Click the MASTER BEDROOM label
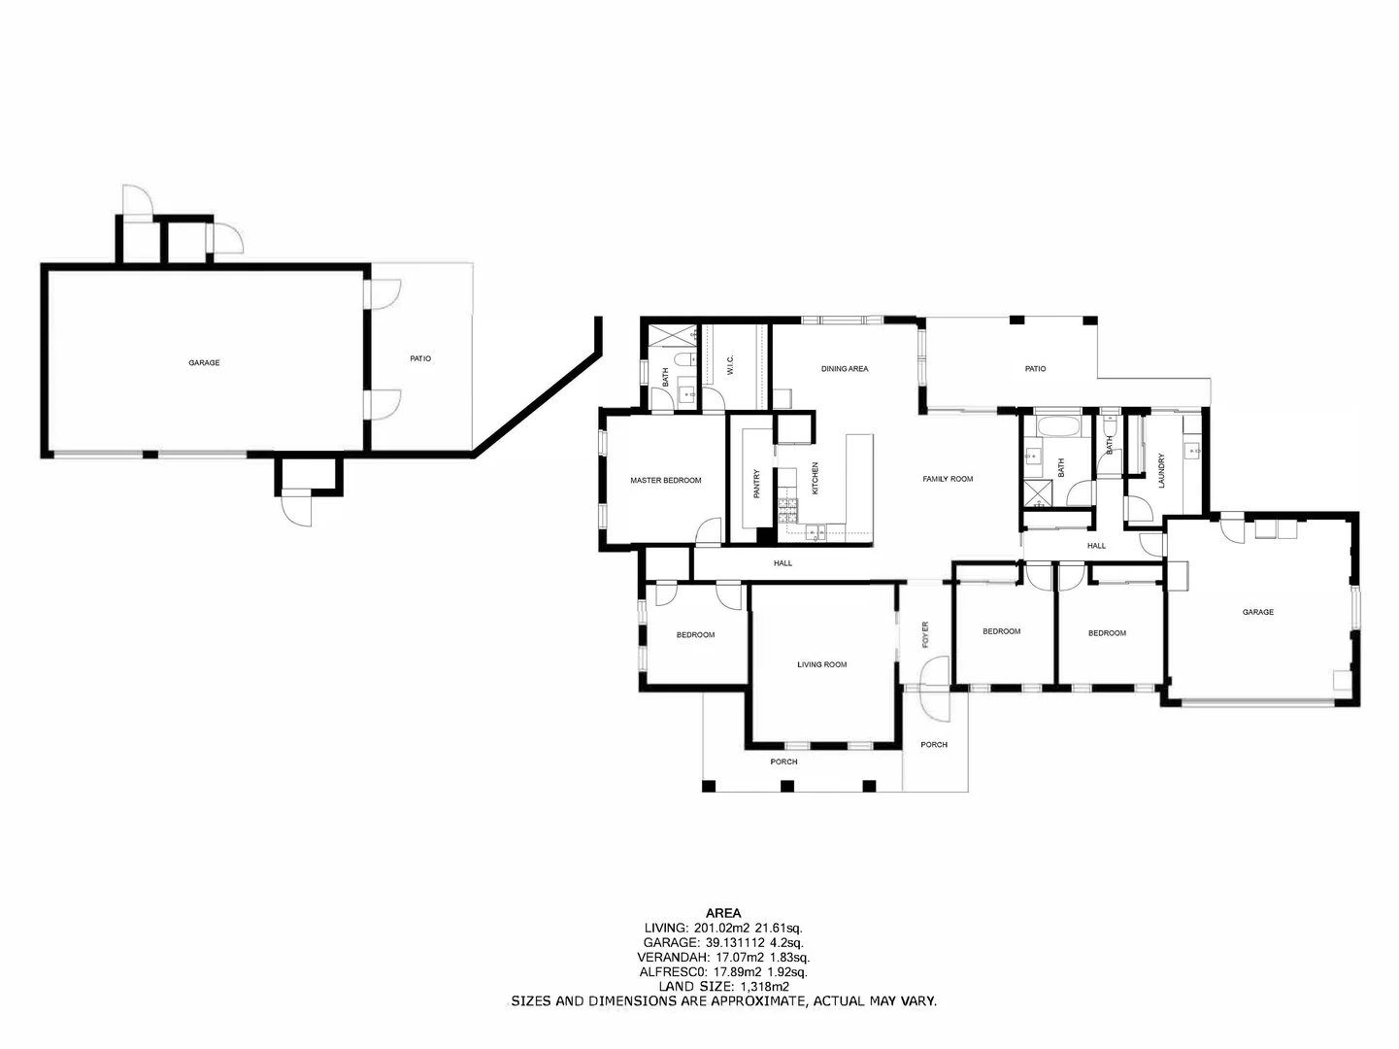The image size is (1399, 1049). pos(665,481)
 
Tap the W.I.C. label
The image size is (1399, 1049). pos(730,365)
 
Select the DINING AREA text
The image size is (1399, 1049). pos(844,369)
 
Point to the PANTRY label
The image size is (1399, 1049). pos(757,485)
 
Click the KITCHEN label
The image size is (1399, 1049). pos(816,478)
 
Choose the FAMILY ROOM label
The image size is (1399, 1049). pos(947,479)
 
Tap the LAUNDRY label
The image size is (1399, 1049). pos(1161,471)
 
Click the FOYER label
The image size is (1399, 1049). pos(925,634)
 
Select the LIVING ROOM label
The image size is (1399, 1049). pos(821,665)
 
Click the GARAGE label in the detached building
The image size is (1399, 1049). pos(204,363)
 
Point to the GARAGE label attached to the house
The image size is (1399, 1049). pos(1257,613)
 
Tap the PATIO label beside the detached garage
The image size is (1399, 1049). pos(420,359)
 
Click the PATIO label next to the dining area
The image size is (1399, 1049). pos(1035,369)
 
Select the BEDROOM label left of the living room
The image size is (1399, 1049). pos(695,635)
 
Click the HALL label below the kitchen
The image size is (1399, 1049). pos(783,563)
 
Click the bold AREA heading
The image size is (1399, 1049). pos(723,913)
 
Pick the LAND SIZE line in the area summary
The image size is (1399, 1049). pos(723,986)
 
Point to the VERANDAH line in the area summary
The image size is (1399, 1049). pos(723,957)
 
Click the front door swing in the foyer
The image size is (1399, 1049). pos(934,672)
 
